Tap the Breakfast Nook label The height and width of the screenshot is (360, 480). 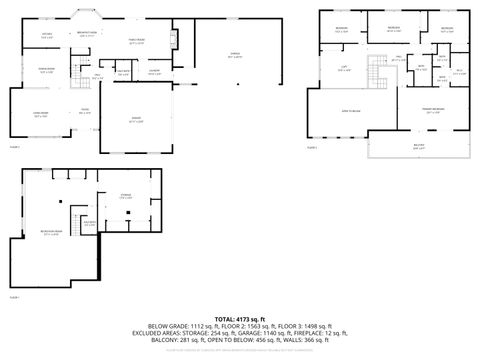point(87,34)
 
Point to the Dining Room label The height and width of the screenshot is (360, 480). point(46,70)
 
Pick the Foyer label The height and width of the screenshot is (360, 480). point(85,111)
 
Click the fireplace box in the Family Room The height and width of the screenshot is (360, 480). point(175,40)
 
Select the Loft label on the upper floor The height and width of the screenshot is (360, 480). point(343,68)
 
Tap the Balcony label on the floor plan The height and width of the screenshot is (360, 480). point(419,146)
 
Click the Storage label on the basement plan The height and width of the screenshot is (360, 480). point(126,197)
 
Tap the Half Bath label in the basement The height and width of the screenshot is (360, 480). point(90,224)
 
